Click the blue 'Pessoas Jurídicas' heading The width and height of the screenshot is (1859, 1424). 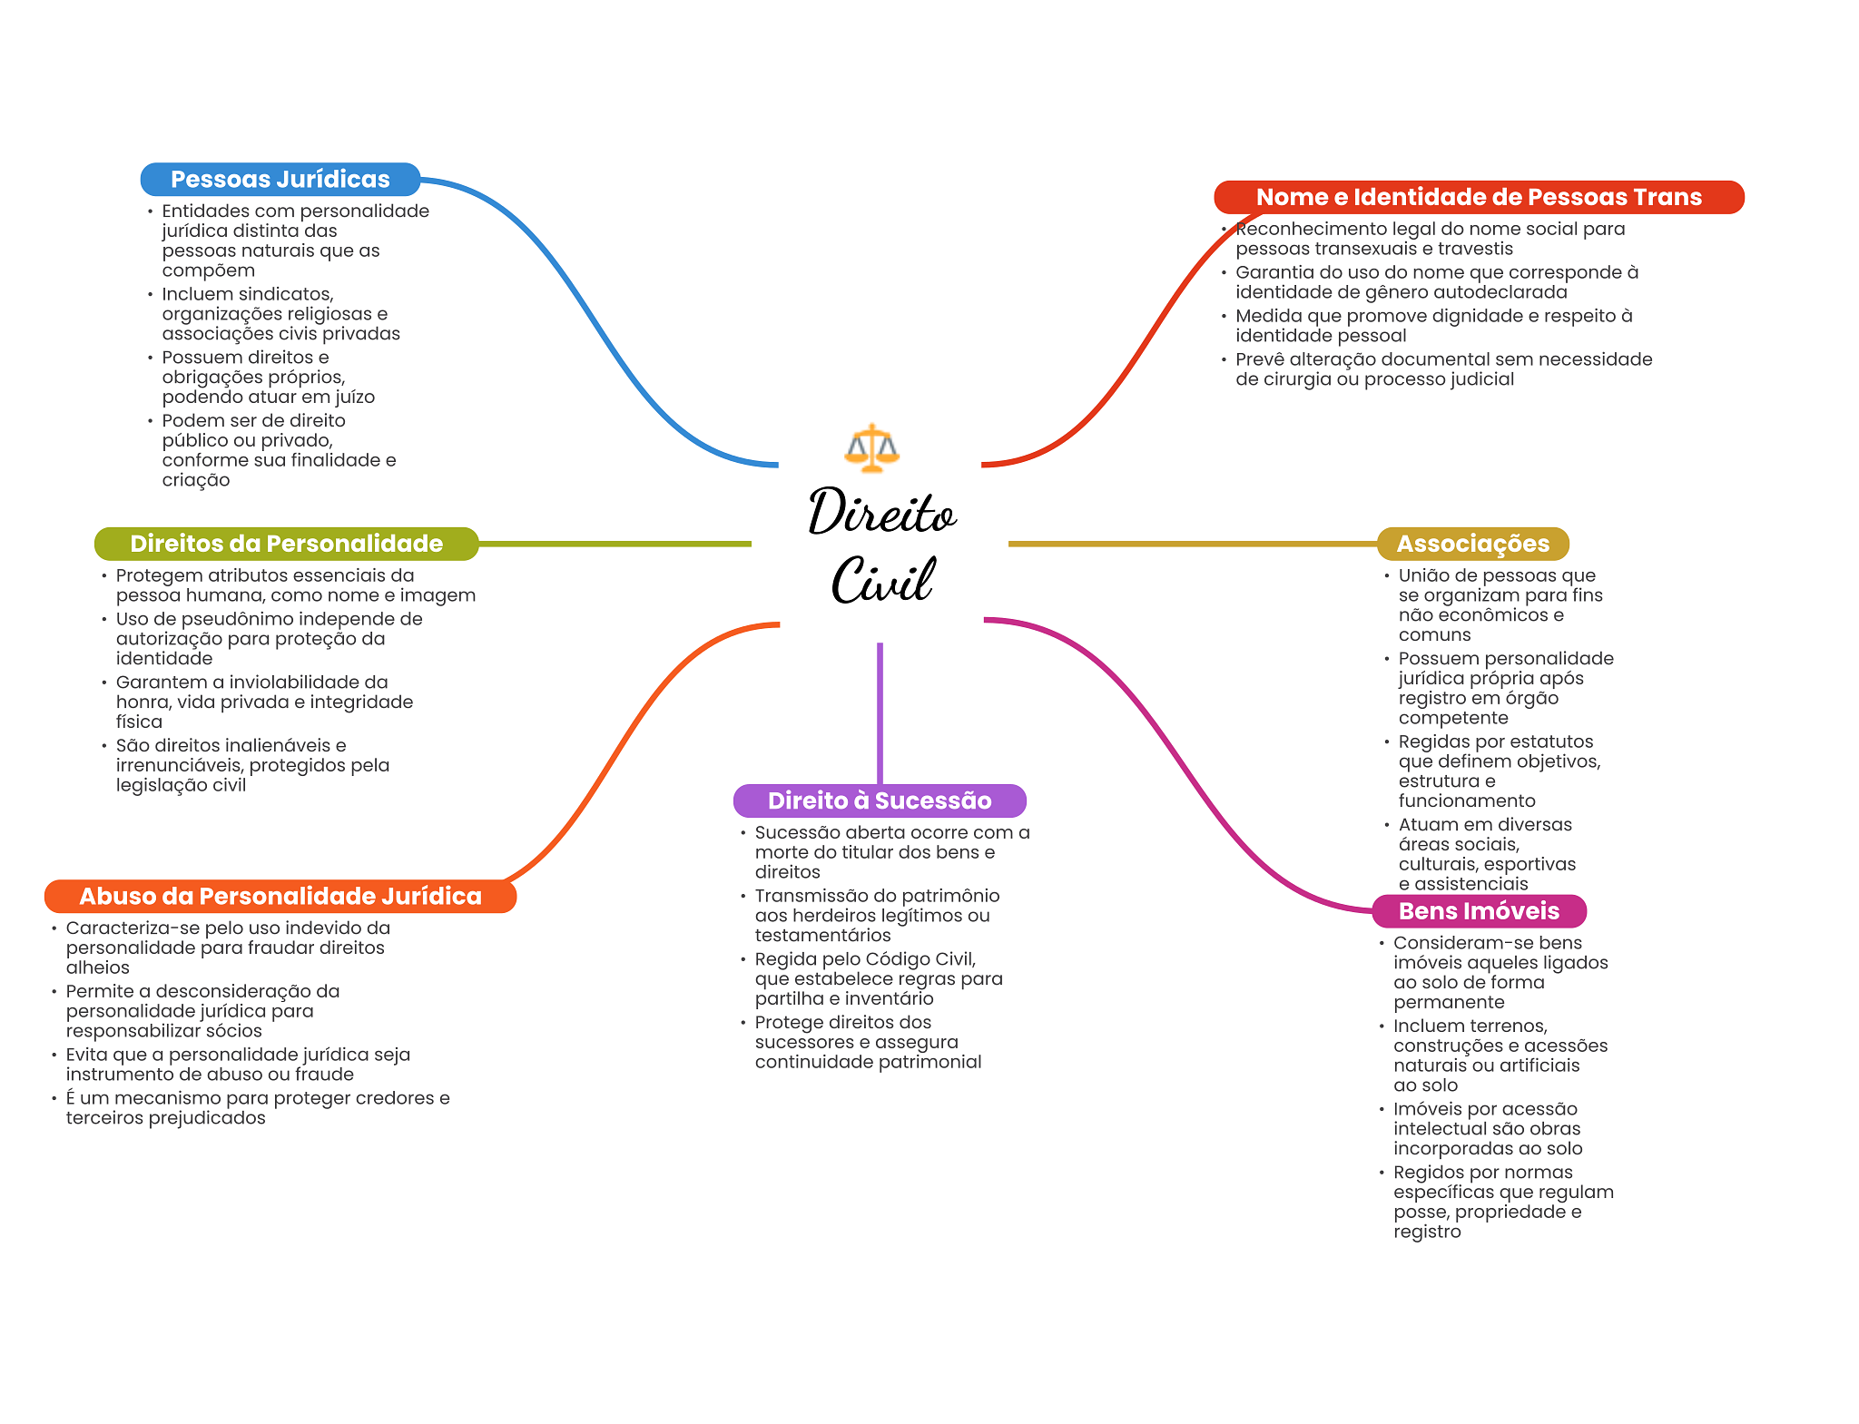tap(280, 179)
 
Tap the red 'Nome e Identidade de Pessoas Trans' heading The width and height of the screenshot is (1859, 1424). tap(1479, 197)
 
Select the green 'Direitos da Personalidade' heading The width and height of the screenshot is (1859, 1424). tap(286, 544)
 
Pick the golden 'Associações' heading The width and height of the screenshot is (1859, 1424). tap(1472, 544)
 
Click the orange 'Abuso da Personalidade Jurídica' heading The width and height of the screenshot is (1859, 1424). tap(280, 896)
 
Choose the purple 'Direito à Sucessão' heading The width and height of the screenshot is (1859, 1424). tap(880, 800)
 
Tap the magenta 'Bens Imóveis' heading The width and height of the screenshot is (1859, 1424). tap(1479, 911)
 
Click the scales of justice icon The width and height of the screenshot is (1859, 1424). tap(871, 448)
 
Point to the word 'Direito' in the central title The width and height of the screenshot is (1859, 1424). tap(882, 513)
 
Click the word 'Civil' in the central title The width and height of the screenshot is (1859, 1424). tap(882, 579)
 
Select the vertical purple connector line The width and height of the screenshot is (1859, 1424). tap(880, 713)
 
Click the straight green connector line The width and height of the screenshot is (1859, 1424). tap(615, 544)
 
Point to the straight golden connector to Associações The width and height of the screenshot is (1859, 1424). tap(1193, 544)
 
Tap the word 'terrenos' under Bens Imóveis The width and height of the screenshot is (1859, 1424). tap(1509, 1026)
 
